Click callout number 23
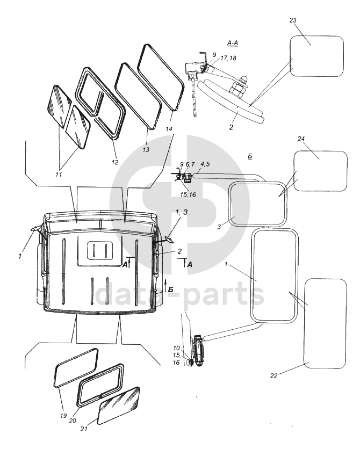click(293, 21)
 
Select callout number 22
click(273, 376)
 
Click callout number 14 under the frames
click(170, 128)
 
